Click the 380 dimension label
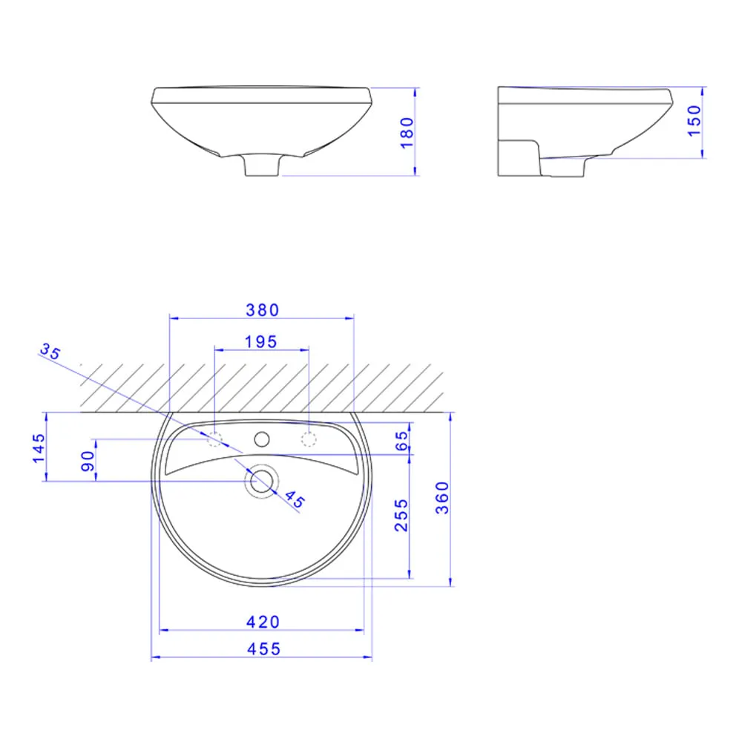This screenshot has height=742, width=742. pyautogui.click(x=262, y=310)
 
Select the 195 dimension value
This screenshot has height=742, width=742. pyautogui.click(x=260, y=342)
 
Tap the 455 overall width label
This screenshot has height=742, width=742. pyautogui.click(x=263, y=649)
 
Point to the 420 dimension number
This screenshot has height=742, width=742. pyautogui.click(x=263, y=622)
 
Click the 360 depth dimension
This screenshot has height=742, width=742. pyautogui.click(x=442, y=498)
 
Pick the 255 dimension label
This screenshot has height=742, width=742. pyautogui.click(x=401, y=516)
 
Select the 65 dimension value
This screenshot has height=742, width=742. pyautogui.click(x=401, y=441)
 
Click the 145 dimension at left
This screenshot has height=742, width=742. pyautogui.click(x=39, y=448)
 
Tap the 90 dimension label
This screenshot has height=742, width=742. pyautogui.click(x=88, y=462)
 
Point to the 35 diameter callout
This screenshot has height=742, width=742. pyautogui.click(x=50, y=351)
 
